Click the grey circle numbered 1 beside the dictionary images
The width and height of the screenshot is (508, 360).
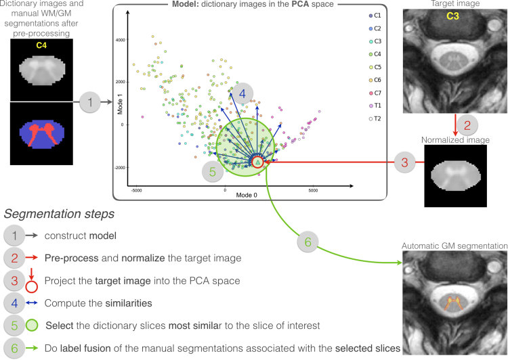(x=88, y=103)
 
